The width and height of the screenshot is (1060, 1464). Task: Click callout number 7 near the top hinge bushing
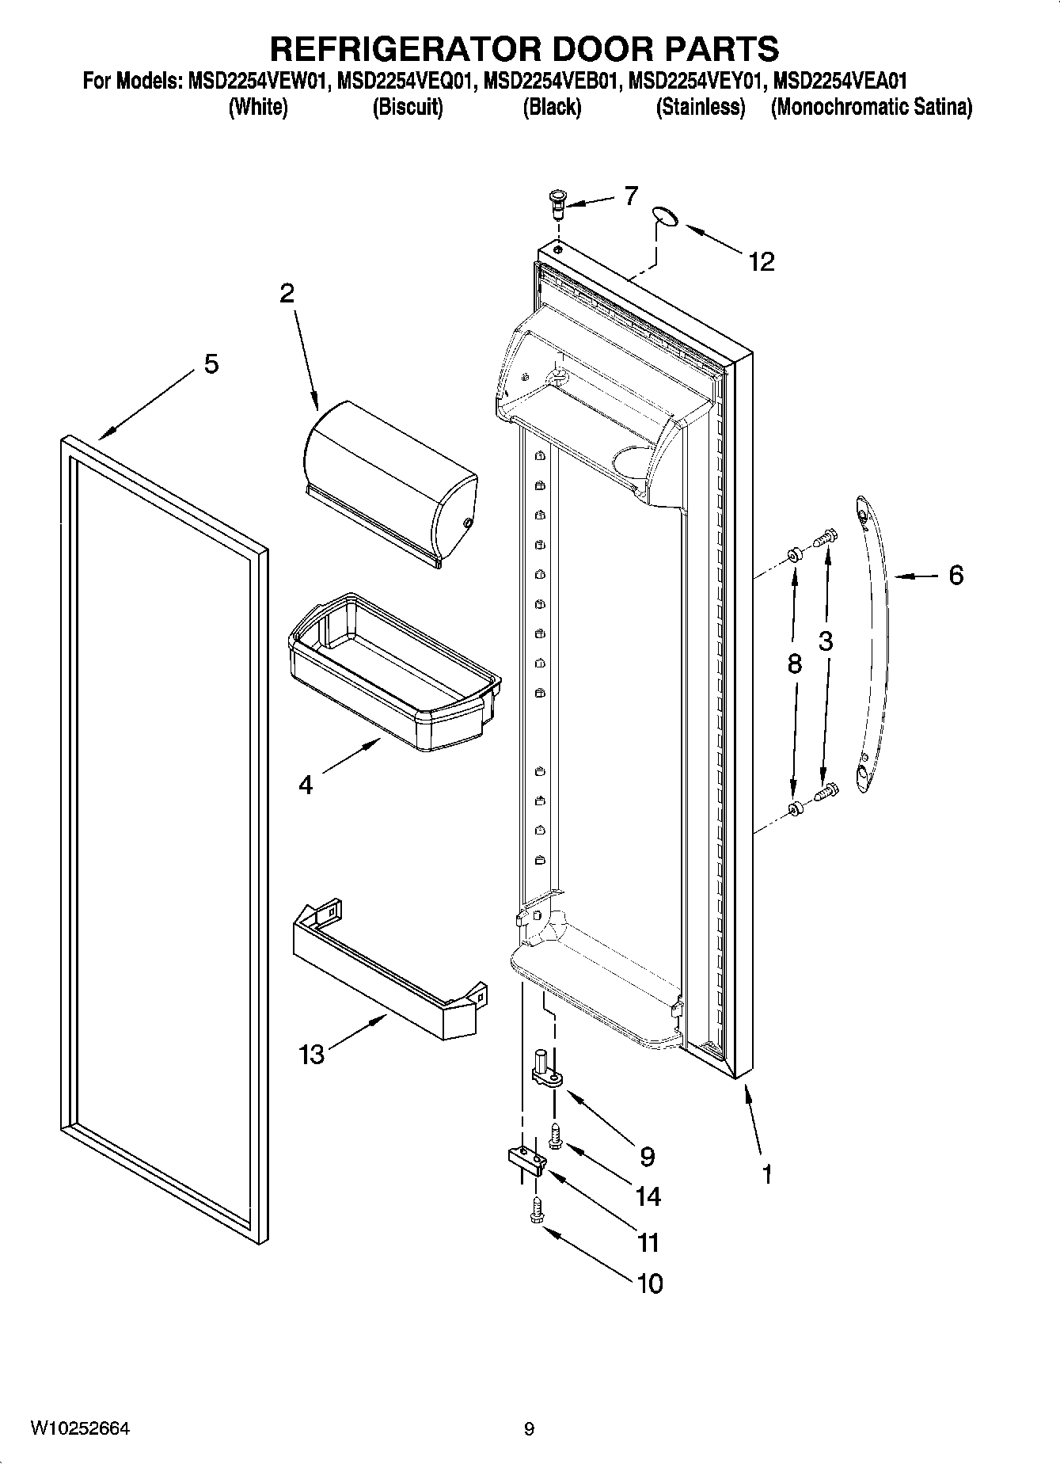(x=630, y=196)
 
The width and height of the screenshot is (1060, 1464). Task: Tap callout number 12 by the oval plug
(x=761, y=261)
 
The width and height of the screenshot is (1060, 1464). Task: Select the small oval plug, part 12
(x=666, y=216)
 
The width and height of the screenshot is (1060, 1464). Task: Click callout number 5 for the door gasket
(x=211, y=364)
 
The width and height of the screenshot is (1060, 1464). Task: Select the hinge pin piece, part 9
(x=545, y=1070)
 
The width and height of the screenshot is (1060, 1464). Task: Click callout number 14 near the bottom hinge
(x=648, y=1196)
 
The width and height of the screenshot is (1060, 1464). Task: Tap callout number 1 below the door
(x=766, y=1173)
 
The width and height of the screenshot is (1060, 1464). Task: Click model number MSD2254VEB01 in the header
(x=551, y=81)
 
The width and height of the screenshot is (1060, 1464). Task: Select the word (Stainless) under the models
(x=700, y=107)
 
